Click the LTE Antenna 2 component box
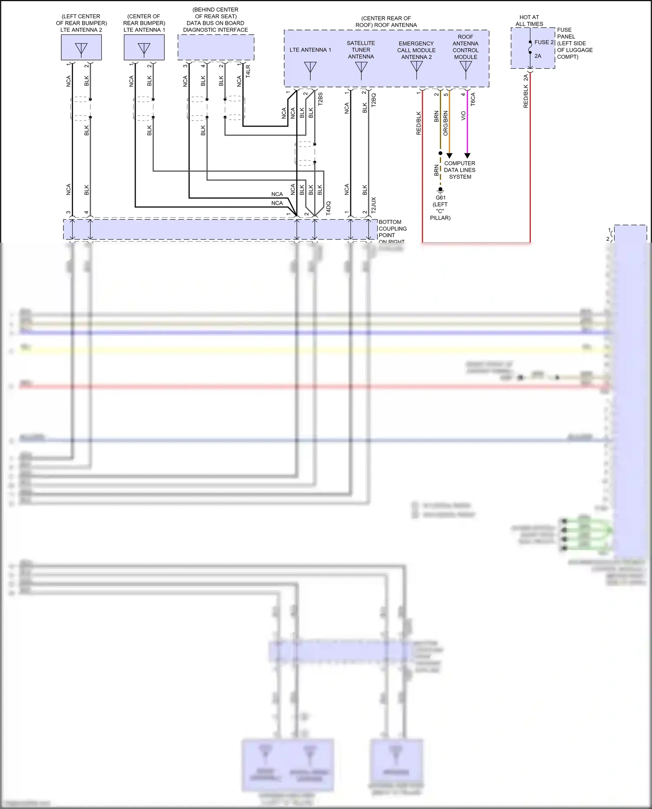[x=81, y=47]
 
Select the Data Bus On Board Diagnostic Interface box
[x=216, y=47]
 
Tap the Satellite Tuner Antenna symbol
[x=361, y=69]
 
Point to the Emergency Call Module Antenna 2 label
[x=416, y=50]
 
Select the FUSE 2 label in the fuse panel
[x=544, y=42]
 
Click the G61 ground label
[x=440, y=198]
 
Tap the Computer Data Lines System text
[x=459, y=170]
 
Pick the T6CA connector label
[x=473, y=99]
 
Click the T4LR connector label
[x=248, y=71]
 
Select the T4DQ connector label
[x=328, y=208]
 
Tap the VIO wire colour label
[x=463, y=116]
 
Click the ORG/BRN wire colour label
[x=446, y=123]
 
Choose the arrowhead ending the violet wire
[x=467, y=156]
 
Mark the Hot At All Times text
[x=529, y=20]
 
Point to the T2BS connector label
[x=320, y=99]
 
